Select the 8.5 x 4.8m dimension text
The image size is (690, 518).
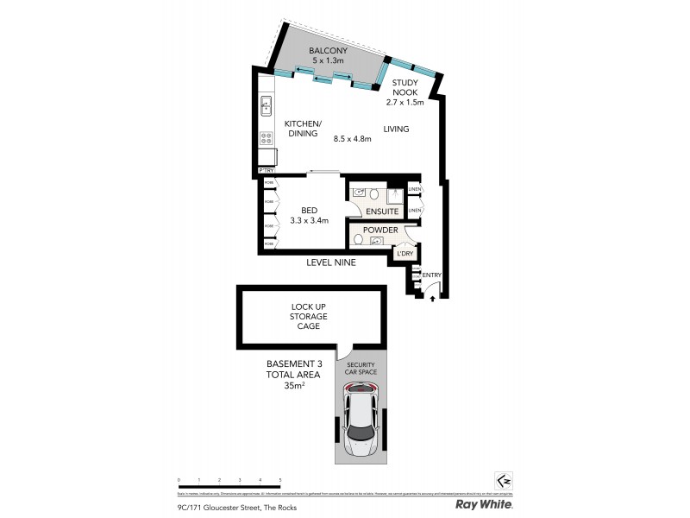352,138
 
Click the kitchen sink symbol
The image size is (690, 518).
266,107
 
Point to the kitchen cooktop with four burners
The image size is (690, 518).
266,137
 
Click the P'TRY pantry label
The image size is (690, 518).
267,172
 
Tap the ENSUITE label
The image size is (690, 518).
382,211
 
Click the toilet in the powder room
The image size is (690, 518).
359,239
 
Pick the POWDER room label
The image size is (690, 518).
380,230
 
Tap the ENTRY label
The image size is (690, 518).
432,275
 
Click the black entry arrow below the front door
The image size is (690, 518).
432,297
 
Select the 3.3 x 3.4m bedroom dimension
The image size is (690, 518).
309,221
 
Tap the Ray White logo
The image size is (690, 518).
485,503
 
